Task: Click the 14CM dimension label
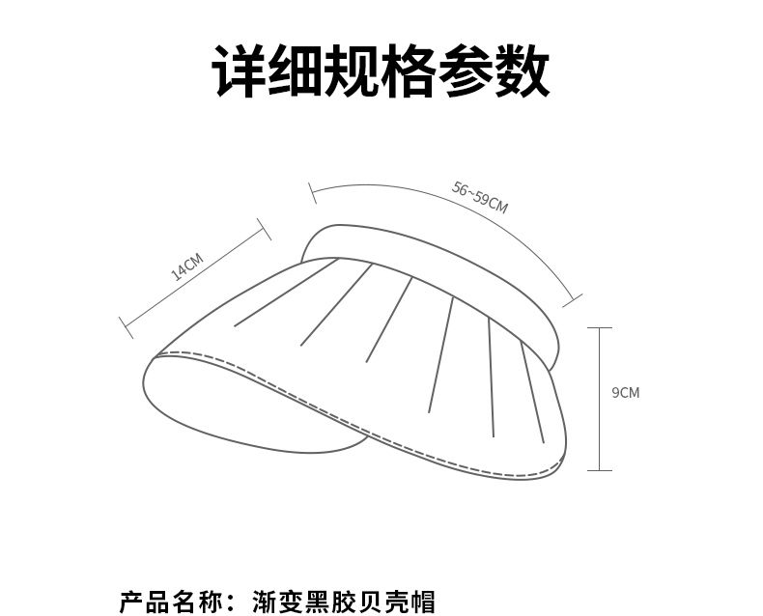tap(187, 266)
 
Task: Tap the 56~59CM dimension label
tap(480, 197)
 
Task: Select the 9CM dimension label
tap(625, 392)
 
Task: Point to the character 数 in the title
tap(522, 70)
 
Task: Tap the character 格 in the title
tap(408, 70)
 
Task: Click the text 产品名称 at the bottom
tap(171, 602)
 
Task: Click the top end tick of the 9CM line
tap(599, 328)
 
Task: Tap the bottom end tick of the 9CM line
tap(599, 470)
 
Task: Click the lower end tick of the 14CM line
tap(126, 326)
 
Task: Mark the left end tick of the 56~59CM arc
tap(312, 192)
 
